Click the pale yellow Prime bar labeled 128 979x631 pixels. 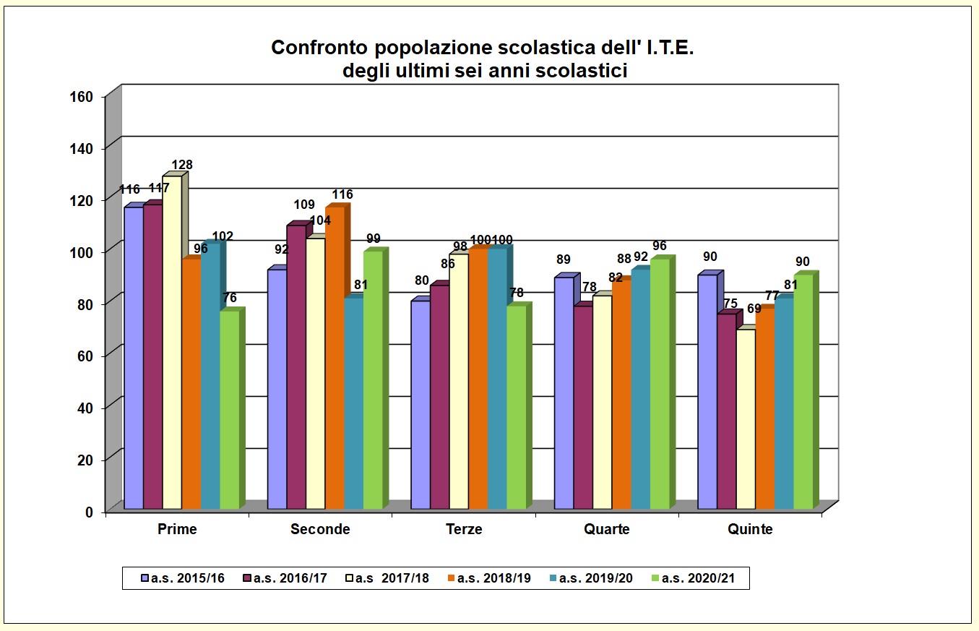(172, 343)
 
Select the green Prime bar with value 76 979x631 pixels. (229, 410)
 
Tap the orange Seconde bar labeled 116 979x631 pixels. (335, 358)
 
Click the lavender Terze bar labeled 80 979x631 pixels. (421, 405)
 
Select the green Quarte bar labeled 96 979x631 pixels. (660, 384)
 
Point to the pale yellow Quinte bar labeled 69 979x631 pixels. (746, 419)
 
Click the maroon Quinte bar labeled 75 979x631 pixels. (726, 411)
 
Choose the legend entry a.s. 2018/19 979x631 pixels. (490, 578)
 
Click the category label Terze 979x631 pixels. (464, 529)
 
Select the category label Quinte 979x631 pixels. (750, 529)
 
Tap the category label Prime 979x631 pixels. (177, 529)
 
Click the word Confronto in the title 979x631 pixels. (319, 48)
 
